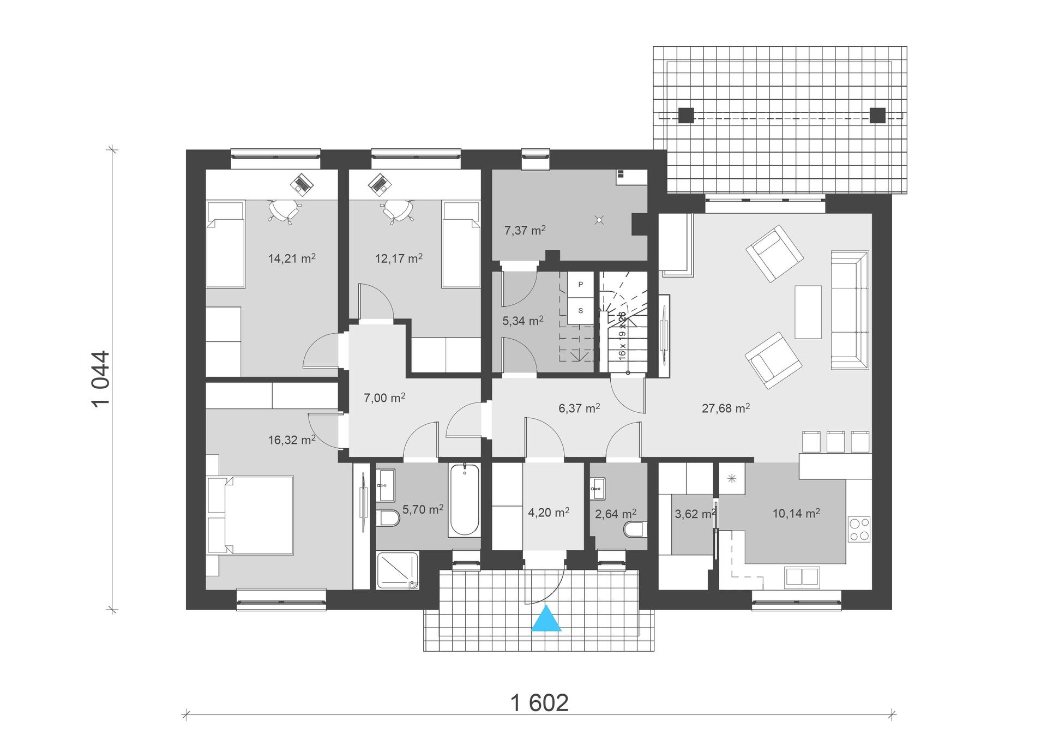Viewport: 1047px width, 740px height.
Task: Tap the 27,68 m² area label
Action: coord(725,408)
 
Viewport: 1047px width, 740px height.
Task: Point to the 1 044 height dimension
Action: coord(101,379)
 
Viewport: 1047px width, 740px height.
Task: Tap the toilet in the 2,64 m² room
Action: coord(635,528)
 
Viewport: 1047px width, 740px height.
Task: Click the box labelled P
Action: coord(581,284)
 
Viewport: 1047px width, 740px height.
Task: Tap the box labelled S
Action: coord(581,310)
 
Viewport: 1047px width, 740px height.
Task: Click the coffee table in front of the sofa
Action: coord(808,311)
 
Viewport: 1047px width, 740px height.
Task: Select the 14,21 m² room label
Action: coord(292,258)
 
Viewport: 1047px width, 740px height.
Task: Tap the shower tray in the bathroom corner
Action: coord(397,570)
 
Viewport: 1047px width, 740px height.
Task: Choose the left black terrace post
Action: coord(686,115)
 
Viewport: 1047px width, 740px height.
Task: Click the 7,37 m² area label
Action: coord(525,230)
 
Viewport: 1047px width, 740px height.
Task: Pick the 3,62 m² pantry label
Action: coord(694,514)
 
